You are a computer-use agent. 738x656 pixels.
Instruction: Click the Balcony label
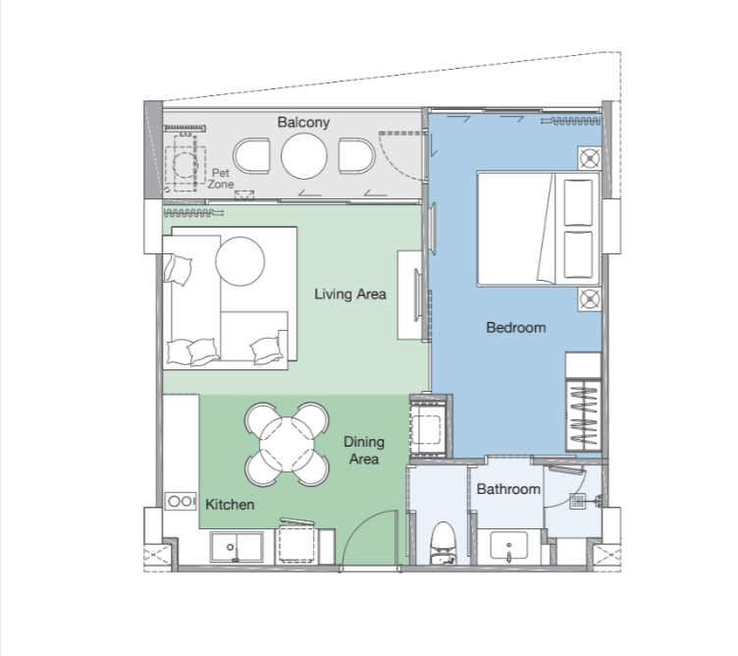303,123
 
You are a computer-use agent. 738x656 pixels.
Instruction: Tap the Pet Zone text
221,179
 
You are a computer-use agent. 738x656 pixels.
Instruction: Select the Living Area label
350,295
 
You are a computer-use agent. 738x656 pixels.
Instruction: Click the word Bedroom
516,328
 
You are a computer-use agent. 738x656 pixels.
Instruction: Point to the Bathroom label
508,489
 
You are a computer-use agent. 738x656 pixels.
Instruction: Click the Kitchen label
230,505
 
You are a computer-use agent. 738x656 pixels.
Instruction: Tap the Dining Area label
364,450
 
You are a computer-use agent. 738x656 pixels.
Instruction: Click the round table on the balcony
304,156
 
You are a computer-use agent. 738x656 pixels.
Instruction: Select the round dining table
287,444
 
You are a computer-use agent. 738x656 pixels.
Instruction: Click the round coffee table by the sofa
240,261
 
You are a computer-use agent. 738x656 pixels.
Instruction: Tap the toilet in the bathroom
444,543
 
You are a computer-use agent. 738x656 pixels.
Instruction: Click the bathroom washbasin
508,546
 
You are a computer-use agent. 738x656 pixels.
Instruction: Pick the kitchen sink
237,547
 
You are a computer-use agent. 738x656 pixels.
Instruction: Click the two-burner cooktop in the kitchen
181,502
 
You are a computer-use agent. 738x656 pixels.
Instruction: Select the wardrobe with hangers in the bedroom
584,415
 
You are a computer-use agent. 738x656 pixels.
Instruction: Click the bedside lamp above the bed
590,158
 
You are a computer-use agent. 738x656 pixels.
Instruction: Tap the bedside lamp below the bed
590,300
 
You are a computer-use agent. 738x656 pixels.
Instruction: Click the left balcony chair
252,156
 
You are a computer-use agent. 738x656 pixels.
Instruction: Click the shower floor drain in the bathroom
577,501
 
